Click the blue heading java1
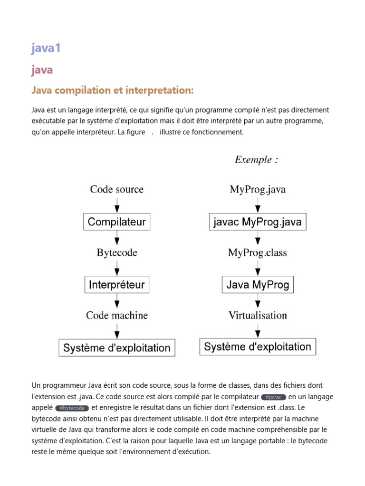pos(46,48)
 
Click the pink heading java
pos(42,70)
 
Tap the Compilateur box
pos(117,222)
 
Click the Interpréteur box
pos(117,285)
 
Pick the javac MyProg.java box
pos(258,222)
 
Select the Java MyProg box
pos(258,285)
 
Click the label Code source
pos(117,190)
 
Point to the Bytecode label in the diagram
pos(117,253)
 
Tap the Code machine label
pos(117,316)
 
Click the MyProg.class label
pos(258,253)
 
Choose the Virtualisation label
pos(258,316)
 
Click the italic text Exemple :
pos(257,160)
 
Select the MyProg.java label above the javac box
pos(258,190)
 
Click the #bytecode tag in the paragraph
pos(72,408)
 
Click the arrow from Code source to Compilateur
pos(117,205)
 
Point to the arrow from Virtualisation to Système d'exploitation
pos(258,330)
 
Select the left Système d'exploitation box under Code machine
pos(117,347)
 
